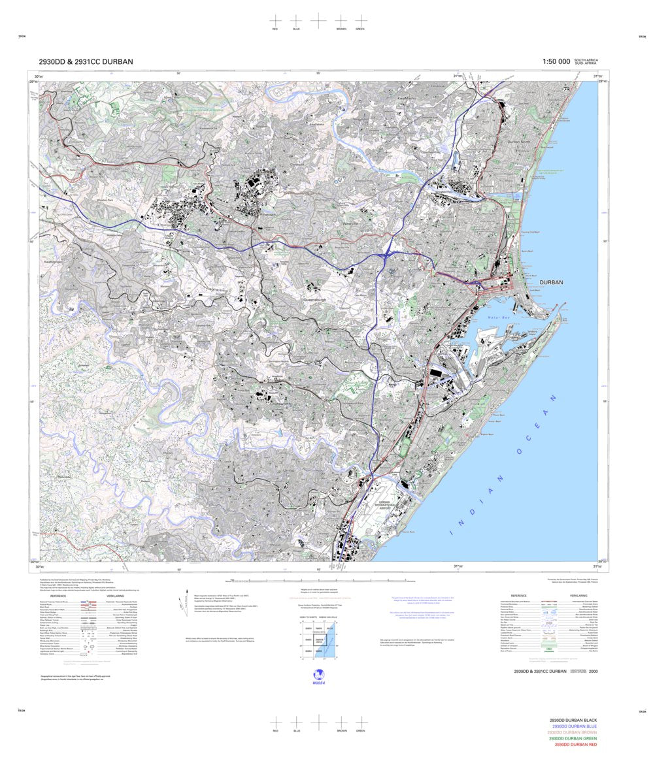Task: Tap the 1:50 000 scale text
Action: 556,61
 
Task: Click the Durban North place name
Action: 522,142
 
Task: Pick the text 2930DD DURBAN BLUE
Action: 575,726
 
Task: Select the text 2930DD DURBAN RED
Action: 575,745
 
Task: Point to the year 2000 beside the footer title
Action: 593,672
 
